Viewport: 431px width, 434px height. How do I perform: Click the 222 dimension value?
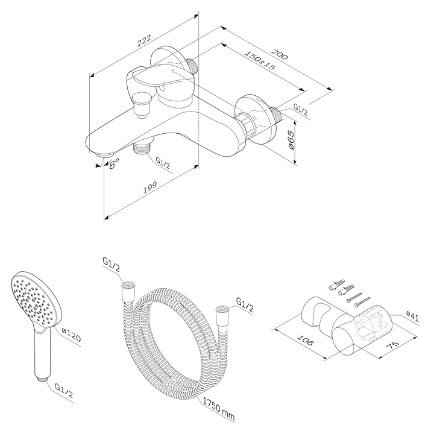pos(144,40)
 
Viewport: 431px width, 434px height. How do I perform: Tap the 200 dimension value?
pos(279,54)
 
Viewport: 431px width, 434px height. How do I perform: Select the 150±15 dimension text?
pos(259,60)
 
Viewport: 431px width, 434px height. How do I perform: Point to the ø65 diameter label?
pos(291,140)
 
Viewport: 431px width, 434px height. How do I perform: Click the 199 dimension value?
pos(150,187)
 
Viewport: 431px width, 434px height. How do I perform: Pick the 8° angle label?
pos(114,164)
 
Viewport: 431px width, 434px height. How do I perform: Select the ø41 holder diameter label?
pos(412,316)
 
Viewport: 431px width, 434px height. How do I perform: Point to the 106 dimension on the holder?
pos(306,340)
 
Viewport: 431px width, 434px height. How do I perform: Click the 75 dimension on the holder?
pos(392,344)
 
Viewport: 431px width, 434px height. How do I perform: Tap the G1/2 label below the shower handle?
pos(64,391)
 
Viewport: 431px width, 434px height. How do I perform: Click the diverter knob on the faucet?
pos(142,105)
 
